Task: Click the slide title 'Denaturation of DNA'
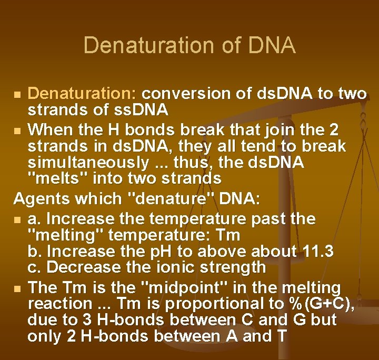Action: pyautogui.click(x=189, y=45)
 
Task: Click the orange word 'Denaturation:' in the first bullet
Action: pyautogui.click(x=82, y=94)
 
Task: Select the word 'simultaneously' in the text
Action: pyautogui.click(x=88, y=162)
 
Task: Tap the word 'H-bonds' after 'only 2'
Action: pyautogui.click(x=106, y=336)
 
